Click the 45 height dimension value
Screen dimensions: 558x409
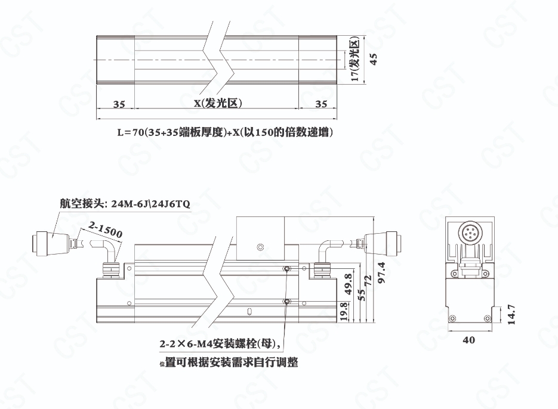374,59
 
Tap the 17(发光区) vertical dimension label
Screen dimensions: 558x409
355,59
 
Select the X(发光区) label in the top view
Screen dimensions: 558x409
218,103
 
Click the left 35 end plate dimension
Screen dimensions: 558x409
119,104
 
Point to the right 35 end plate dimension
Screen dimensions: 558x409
321,104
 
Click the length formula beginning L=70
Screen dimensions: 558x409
225,132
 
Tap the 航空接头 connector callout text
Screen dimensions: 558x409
125,204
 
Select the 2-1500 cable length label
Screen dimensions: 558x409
106,230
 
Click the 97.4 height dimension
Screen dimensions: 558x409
381,272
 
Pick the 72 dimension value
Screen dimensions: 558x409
368,281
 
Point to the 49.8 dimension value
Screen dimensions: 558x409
349,284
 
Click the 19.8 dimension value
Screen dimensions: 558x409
344,312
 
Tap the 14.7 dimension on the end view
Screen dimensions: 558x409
511,314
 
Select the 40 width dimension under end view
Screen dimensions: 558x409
468,340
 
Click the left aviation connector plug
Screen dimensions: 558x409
51,243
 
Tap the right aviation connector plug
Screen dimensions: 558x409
381,243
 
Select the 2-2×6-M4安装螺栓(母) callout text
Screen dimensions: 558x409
221,344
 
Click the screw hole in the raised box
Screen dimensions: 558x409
260,246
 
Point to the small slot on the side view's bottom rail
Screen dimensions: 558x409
249,312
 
